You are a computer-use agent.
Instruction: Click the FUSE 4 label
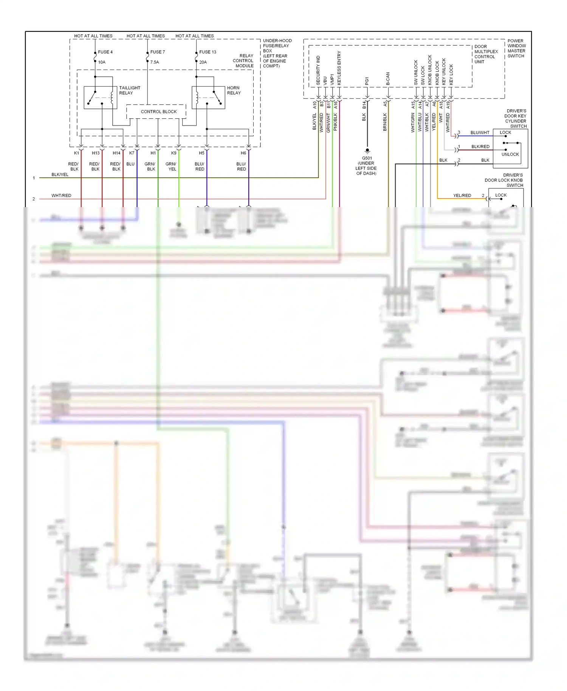pos(105,52)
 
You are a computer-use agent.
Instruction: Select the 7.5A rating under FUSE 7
pos(154,62)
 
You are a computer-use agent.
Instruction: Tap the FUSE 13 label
pos(208,52)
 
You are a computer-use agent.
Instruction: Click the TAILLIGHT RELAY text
pos(129,90)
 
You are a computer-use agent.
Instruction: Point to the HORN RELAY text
pos(234,90)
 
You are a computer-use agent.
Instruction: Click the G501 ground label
pos(367,158)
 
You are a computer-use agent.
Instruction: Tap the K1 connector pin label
pos(76,153)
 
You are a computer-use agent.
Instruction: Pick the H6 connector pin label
pos(243,153)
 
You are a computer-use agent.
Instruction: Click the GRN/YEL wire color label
pos(170,167)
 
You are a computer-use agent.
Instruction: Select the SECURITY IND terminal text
pos(318,70)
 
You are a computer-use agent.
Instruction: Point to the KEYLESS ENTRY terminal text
pos(339,68)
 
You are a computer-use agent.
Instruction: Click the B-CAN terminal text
pos(388,79)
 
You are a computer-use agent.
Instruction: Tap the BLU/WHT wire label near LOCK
pos(480,133)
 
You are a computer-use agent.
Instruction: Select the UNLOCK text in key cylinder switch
pos(510,154)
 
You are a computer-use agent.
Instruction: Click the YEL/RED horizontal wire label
pos(462,195)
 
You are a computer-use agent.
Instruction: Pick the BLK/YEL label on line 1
pos(60,175)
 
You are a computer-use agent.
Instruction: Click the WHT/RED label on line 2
pos(61,195)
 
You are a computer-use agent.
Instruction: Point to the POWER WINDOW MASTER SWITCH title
pos(516,48)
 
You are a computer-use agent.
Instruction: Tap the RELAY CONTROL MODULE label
pos(243,60)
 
